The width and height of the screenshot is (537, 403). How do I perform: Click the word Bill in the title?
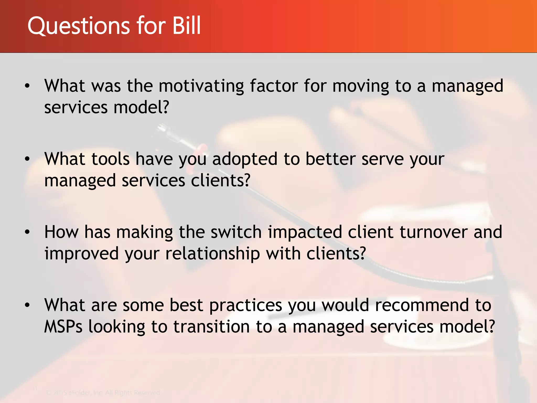(186, 25)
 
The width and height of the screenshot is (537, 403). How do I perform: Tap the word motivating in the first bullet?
(201, 87)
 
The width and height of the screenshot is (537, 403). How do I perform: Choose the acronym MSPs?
(63, 327)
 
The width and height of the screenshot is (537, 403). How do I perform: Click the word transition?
(211, 327)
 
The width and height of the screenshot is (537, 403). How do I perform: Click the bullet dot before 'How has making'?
(27, 232)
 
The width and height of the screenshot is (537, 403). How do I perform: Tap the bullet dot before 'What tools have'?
(27, 159)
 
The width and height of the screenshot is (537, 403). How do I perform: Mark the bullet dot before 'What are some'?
(27, 305)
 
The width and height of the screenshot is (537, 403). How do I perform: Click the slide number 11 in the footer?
(35, 389)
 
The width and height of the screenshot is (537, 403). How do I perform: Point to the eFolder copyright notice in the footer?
(103, 393)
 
